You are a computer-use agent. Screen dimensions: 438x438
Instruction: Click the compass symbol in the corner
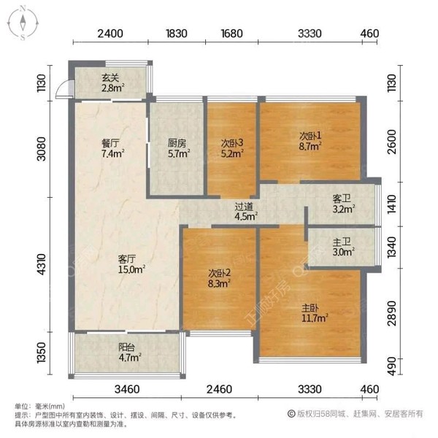[23, 20]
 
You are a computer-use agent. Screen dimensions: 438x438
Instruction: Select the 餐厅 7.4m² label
[112, 148]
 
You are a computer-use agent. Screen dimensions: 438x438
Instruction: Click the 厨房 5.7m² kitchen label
[177, 148]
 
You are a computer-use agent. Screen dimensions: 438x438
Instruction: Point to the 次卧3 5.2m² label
[231, 148]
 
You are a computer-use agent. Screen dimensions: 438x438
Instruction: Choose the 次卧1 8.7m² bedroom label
[310, 140]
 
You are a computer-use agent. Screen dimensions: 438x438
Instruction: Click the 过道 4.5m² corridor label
[245, 211]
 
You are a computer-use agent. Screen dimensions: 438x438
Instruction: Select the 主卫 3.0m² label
[343, 248]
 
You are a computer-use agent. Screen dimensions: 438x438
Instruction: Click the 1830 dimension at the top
[177, 33]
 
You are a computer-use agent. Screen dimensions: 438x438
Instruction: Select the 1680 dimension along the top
[231, 33]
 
